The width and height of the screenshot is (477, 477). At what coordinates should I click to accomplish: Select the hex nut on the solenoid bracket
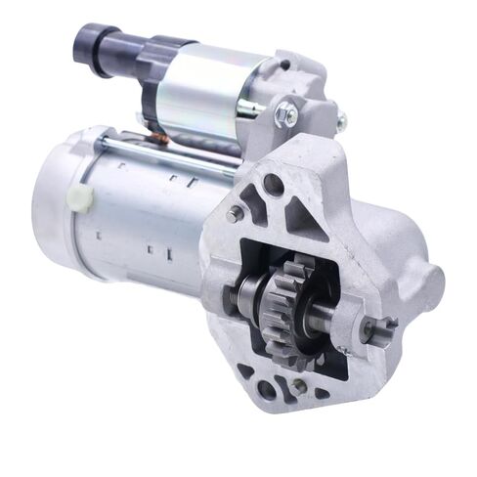288,114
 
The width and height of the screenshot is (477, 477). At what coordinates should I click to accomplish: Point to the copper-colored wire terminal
156,138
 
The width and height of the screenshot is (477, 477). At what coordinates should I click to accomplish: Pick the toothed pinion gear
289,299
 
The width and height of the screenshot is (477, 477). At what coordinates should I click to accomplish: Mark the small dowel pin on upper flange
236,212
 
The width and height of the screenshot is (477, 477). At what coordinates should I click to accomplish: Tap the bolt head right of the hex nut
340,122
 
